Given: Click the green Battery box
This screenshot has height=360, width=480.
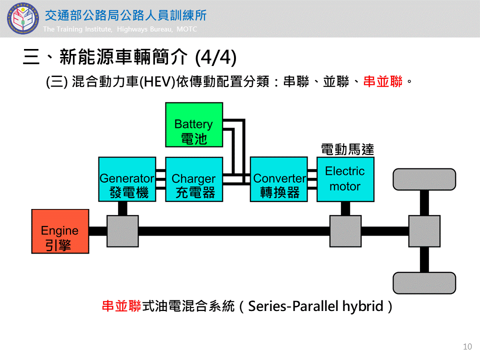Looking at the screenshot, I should [x=194, y=125].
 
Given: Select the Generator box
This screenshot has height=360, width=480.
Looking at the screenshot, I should [x=126, y=179].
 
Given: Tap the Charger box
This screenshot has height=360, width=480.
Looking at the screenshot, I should [x=194, y=179].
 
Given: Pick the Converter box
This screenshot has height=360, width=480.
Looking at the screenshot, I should [x=278, y=179].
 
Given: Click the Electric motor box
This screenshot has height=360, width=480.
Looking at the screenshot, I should [x=344, y=179].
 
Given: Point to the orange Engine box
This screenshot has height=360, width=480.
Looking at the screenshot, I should [x=60, y=231].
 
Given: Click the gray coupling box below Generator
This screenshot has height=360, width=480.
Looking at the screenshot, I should [x=122, y=231].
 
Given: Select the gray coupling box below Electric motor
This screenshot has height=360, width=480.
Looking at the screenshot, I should [x=345, y=231].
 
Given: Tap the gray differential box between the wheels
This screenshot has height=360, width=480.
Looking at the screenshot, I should [x=424, y=231].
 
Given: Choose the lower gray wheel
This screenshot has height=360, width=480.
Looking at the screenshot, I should [x=424, y=283].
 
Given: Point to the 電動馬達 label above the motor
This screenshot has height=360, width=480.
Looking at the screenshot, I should [x=347, y=149].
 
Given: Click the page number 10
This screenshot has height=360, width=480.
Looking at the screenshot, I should [x=467, y=346].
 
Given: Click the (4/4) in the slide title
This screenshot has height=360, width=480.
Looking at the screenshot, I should [x=215, y=57].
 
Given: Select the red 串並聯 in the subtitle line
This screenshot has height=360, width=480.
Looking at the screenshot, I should [x=383, y=82].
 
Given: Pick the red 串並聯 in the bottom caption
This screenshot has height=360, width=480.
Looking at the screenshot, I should [x=121, y=306].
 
